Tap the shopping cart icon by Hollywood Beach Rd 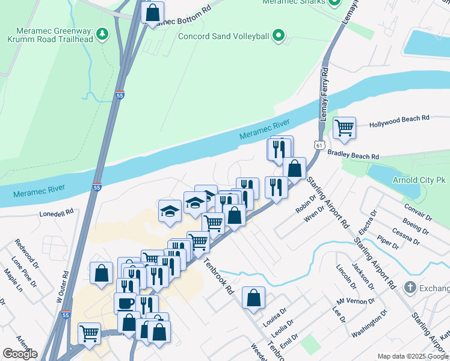(344, 127)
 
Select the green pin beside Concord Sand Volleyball (278, 37)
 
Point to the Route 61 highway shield (319, 145)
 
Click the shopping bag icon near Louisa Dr (254, 297)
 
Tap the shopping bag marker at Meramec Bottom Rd (153, 11)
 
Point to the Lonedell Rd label (56, 213)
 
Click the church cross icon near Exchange (410, 286)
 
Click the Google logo (20, 354)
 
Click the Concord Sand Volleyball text (224, 37)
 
